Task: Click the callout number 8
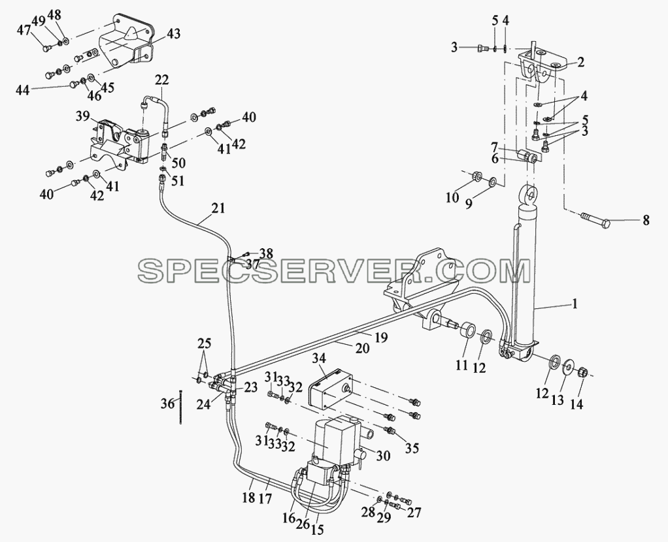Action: [x=646, y=221]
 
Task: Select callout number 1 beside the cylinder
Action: [x=575, y=304]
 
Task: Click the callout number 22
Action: [x=162, y=80]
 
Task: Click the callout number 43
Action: [x=173, y=34]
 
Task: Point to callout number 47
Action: [x=24, y=31]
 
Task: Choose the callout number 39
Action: [x=84, y=116]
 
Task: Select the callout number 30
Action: [x=384, y=456]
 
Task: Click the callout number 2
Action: [x=580, y=63]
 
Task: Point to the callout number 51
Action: [x=178, y=180]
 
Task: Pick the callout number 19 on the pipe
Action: [x=381, y=338]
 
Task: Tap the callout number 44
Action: [x=23, y=90]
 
